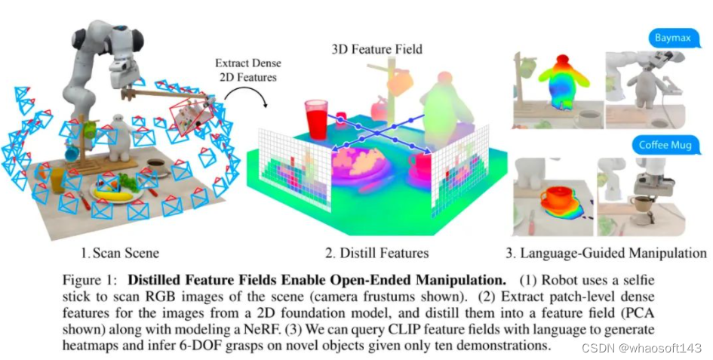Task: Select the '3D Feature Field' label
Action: click(x=376, y=50)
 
